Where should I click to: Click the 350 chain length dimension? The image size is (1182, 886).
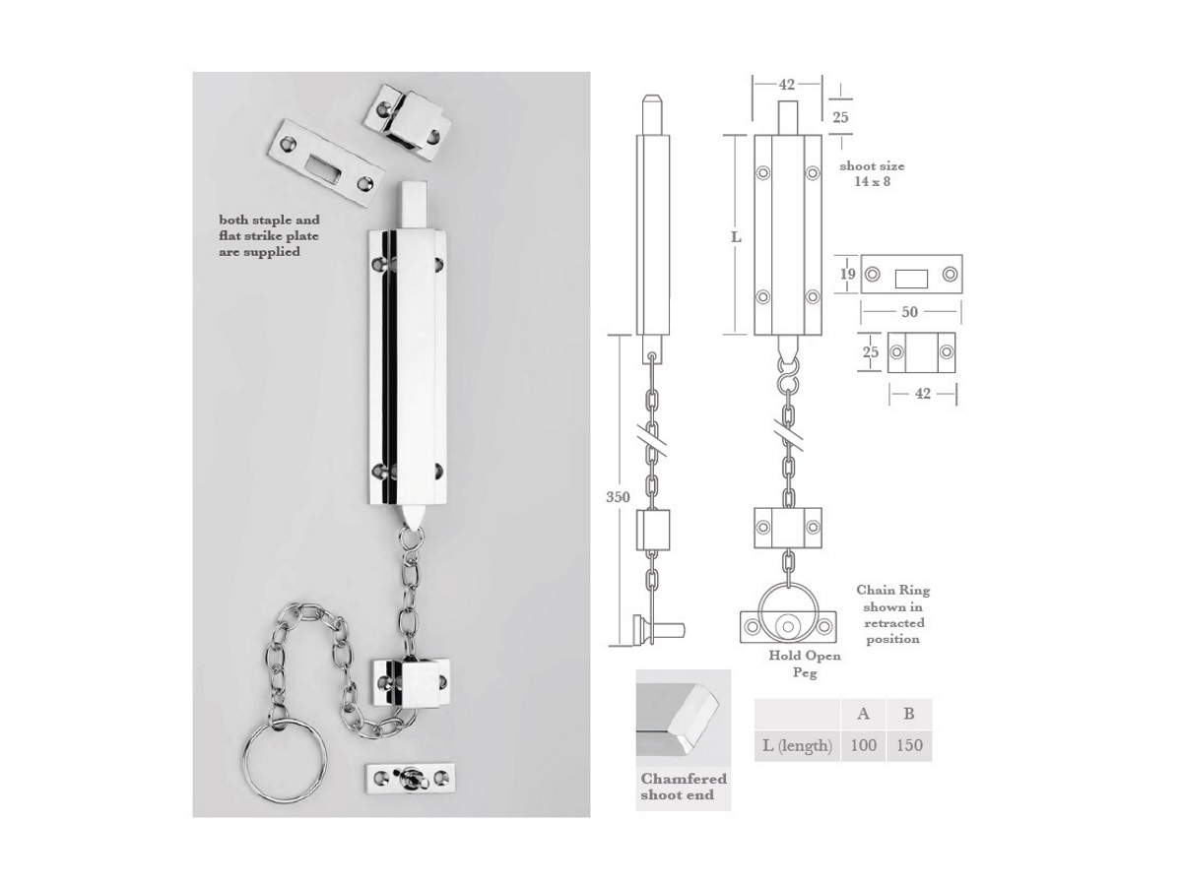click(x=618, y=496)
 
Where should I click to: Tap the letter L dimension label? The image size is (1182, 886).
click(x=736, y=236)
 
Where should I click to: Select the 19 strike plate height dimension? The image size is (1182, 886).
click(x=848, y=274)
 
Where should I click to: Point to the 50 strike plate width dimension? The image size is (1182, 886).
click(x=909, y=311)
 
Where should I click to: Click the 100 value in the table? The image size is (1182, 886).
click(x=863, y=745)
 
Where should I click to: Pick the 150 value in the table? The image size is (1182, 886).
click(x=909, y=745)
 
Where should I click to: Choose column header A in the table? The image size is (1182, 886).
click(x=863, y=714)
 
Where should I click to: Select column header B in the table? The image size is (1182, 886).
click(x=909, y=714)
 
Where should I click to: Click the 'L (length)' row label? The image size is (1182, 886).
click(x=797, y=745)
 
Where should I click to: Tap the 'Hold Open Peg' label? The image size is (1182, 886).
click(x=805, y=664)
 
